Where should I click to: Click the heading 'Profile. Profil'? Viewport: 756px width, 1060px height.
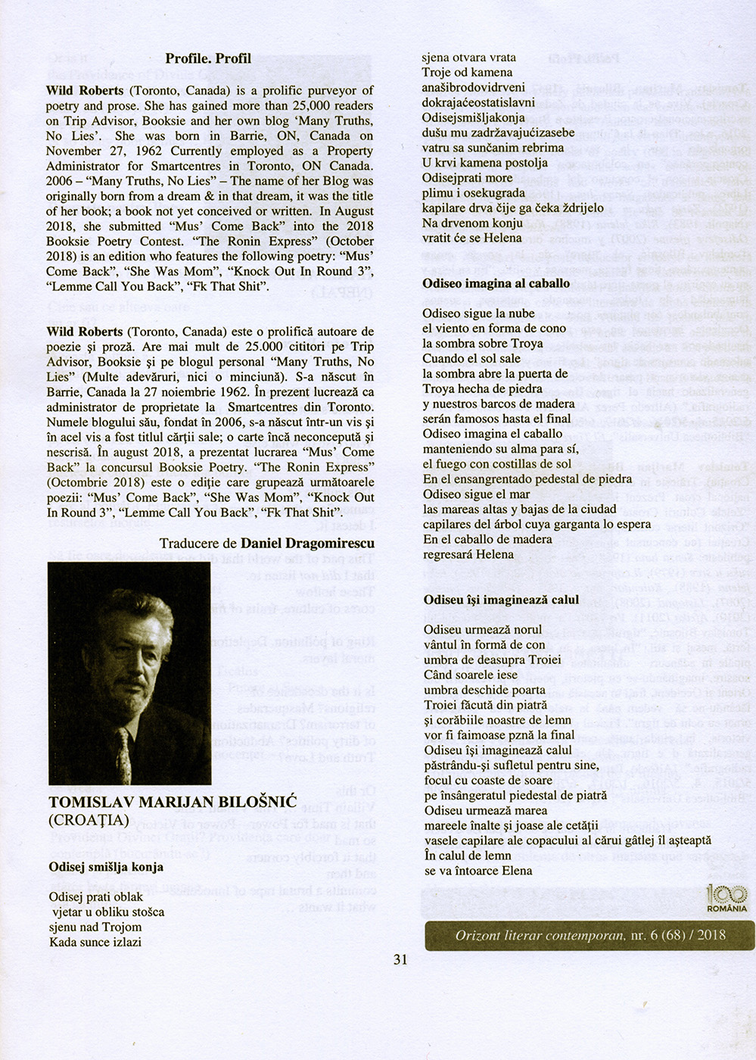[x=208, y=58]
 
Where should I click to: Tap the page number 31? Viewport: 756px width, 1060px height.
[x=400, y=959]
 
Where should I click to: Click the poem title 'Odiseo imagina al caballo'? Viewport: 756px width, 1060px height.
[x=496, y=283]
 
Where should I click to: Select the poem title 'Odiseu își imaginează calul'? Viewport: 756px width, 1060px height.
[x=501, y=600]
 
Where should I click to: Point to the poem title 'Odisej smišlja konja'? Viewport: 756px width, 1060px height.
[x=106, y=867]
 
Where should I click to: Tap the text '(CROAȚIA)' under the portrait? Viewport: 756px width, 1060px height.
[x=89, y=820]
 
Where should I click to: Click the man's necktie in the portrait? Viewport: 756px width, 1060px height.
[x=122, y=749]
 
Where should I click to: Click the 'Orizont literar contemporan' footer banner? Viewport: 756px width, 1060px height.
[x=590, y=935]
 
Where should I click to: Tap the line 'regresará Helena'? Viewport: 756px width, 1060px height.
[x=468, y=554]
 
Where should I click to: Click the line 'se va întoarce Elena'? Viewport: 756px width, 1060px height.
[x=478, y=871]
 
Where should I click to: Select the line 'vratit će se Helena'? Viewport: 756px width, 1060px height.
[x=471, y=238]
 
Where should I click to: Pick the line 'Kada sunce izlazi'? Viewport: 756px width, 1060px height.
[x=95, y=943]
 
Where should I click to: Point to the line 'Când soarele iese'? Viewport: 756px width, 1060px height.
[x=471, y=675]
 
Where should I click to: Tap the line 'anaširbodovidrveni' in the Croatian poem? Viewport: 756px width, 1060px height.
[x=468, y=87]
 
